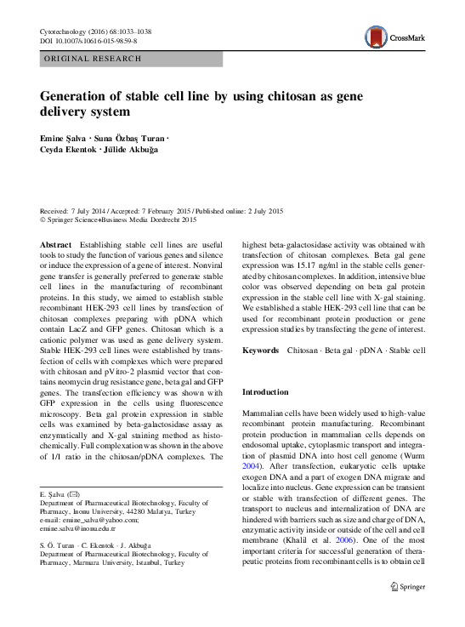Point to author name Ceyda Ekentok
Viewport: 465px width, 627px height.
pos(71,151)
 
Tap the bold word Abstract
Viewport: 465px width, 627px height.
pos(56,244)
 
